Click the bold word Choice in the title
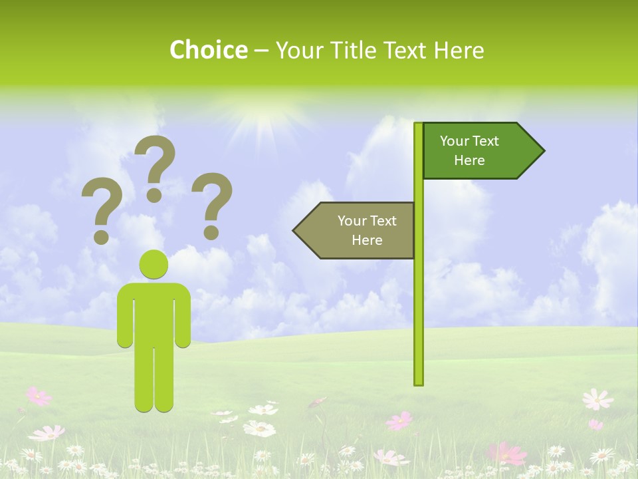click(208, 50)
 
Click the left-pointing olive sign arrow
click(356, 230)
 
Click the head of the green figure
click(154, 264)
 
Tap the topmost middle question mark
click(155, 166)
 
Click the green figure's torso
click(154, 313)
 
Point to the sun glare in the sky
click(263, 120)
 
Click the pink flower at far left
click(39, 397)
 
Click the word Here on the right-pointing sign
click(469, 160)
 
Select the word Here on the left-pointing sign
click(367, 240)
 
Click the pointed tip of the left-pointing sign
click(295, 230)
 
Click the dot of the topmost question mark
click(154, 195)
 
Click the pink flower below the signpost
click(399, 420)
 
